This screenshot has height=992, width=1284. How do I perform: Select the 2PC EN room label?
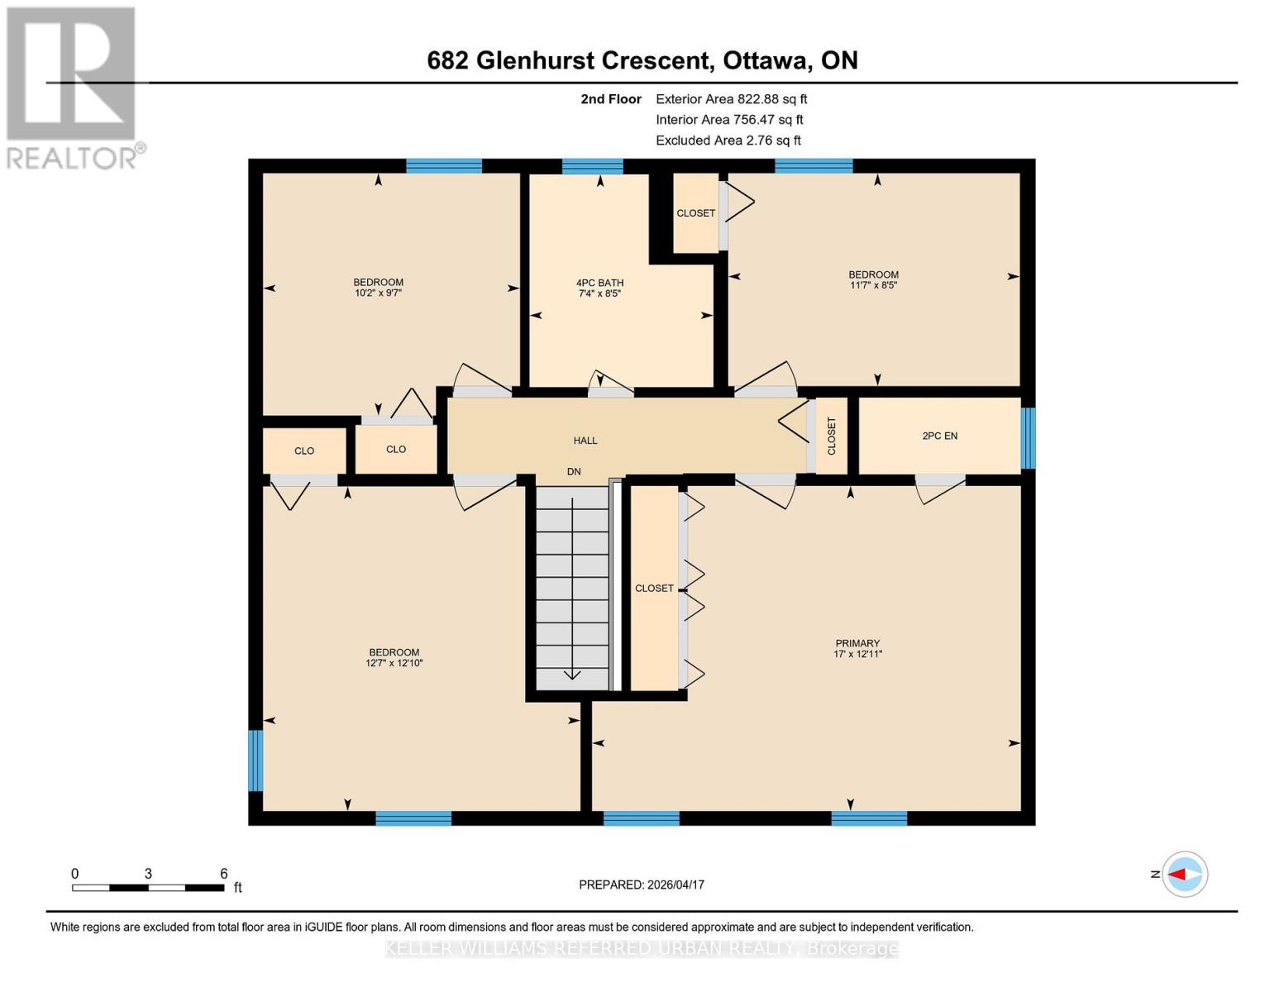click(x=939, y=436)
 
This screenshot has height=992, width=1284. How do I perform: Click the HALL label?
click(x=585, y=441)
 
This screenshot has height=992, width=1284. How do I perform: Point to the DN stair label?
click(x=574, y=471)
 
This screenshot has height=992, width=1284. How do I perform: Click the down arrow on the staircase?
click(x=572, y=673)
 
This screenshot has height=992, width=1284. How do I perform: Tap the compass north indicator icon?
click(x=1185, y=874)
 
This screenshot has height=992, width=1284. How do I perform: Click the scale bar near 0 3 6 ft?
click(x=148, y=888)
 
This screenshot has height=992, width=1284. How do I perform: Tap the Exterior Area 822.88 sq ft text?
click(x=731, y=99)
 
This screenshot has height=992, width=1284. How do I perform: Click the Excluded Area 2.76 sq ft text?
click(x=728, y=141)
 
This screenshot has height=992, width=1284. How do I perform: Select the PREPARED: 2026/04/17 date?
click(x=642, y=885)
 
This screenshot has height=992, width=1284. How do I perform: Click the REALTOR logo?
click(x=72, y=87)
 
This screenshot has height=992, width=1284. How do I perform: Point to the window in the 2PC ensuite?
click(x=1028, y=438)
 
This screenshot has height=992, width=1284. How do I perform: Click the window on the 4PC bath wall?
click(x=592, y=166)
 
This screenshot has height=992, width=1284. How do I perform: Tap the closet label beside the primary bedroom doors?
click(x=654, y=589)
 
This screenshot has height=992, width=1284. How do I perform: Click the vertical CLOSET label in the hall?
click(x=832, y=436)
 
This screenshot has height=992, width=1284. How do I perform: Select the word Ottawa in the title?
click(x=766, y=60)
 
